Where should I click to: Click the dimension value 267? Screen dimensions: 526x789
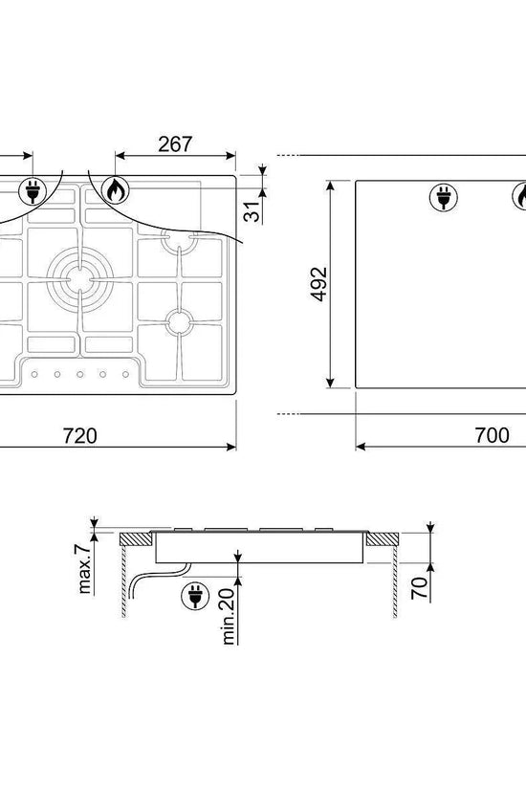tap(175, 143)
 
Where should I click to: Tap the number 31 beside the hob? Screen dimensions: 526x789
tap(253, 211)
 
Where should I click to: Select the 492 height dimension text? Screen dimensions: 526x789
tap(319, 284)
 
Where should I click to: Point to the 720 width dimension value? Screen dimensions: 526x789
tap(80, 435)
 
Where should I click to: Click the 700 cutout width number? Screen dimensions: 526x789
tap(493, 435)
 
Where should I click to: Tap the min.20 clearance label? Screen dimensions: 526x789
tap(228, 617)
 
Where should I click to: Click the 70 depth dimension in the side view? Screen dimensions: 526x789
tap(419, 588)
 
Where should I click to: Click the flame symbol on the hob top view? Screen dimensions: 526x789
tap(116, 190)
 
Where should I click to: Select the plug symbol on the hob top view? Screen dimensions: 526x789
tap(33, 191)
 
